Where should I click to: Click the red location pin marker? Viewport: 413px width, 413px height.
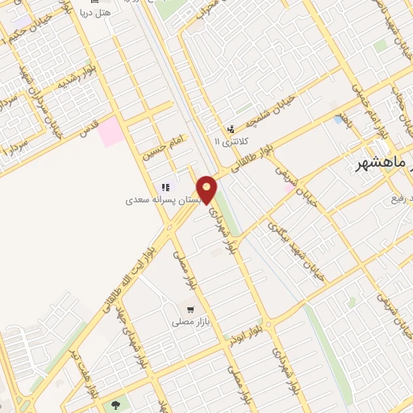206,189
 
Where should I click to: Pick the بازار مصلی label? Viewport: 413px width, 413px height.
190,322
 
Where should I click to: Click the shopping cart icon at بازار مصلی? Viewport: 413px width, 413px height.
190,309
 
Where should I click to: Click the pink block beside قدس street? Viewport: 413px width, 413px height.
112,131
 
